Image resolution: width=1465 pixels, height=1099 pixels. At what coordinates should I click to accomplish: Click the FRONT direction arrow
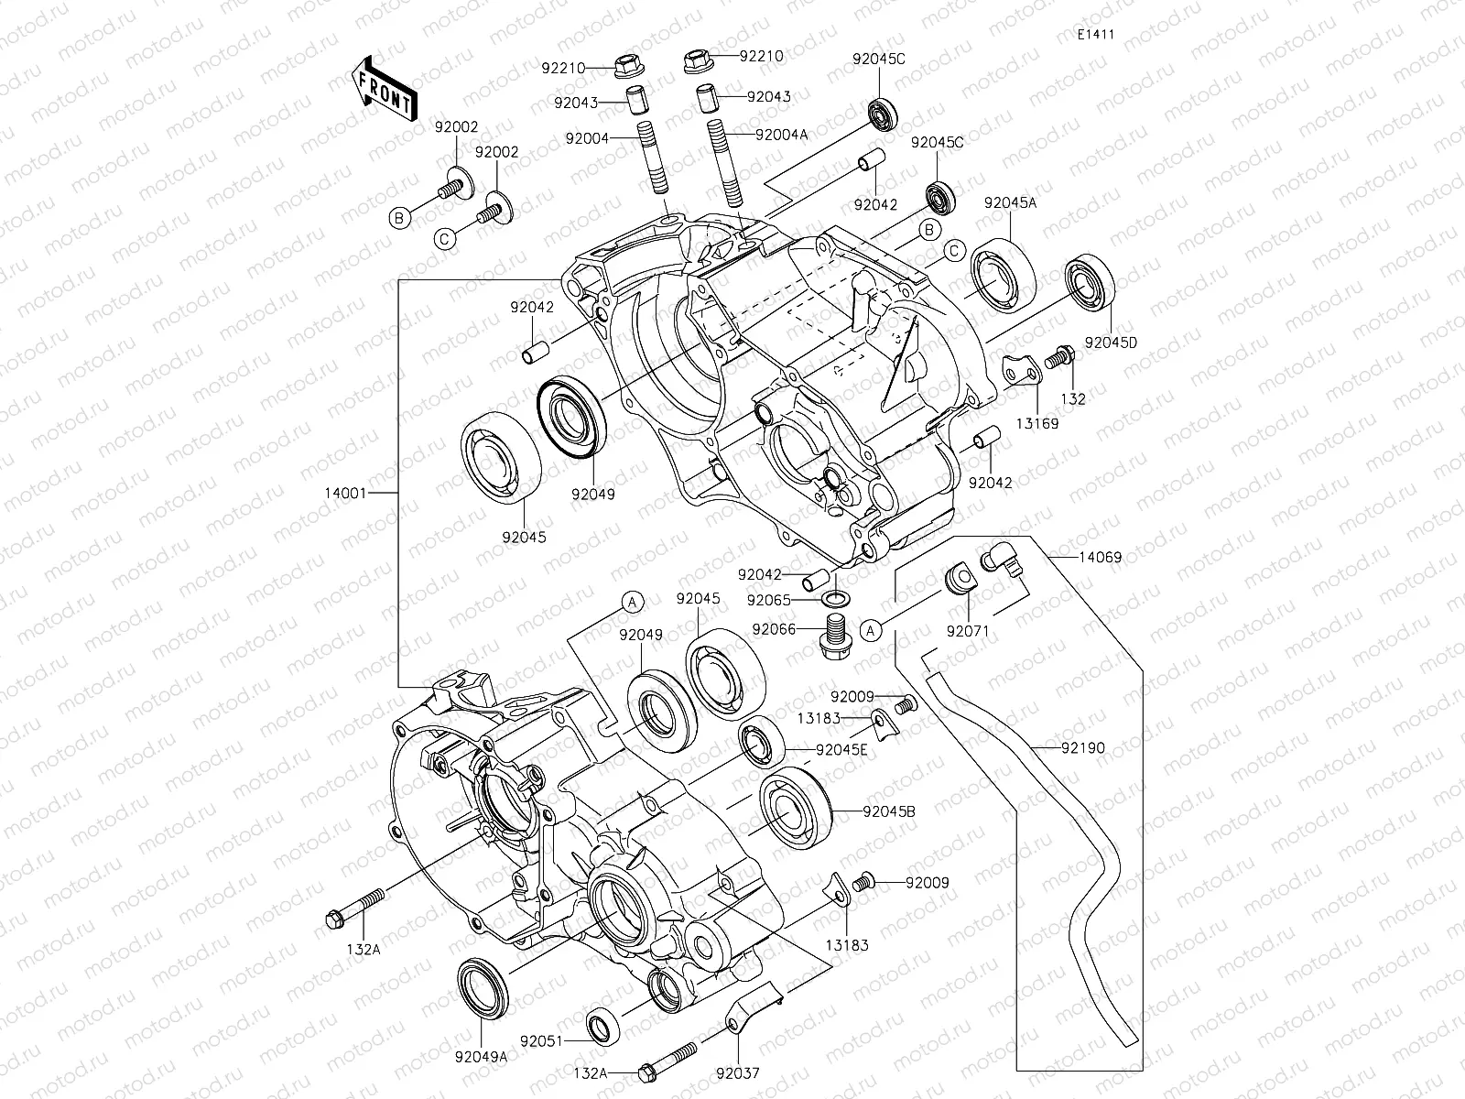point(382,89)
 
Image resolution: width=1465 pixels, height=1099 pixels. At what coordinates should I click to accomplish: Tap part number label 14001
point(345,493)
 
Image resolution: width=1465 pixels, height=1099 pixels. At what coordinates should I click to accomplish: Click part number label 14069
point(1100,557)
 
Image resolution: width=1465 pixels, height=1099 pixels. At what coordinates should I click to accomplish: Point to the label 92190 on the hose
point(1083,748)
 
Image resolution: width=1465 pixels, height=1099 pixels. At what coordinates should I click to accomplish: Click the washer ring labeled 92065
point(834,600)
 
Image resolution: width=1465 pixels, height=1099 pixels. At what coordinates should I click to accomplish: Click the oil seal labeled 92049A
point(479,986)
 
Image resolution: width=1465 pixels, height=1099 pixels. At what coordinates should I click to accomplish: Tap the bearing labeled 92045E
point(759,745)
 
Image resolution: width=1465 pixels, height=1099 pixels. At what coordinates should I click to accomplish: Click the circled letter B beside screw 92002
point(398,218)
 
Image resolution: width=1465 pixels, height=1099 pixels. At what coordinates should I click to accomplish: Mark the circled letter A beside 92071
point(873,630)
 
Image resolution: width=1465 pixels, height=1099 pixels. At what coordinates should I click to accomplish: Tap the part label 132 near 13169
point(1074,398)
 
